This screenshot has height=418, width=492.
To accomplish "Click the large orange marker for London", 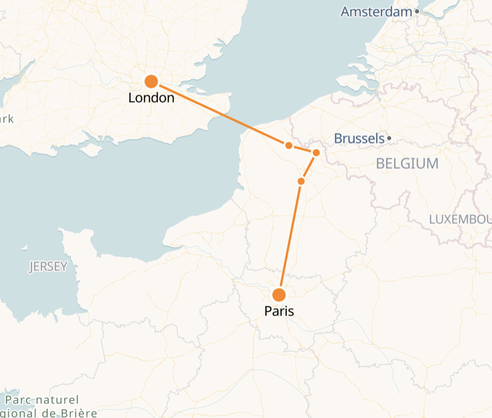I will pyautogui.click(x=151, y=81).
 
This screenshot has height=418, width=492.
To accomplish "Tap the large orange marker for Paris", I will pyautogui.click(x=279, y=295).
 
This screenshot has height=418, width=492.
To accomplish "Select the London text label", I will pyautogui.click(x=151, y=98).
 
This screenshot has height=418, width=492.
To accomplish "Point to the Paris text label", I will pyautogui.click(x=279, y=311).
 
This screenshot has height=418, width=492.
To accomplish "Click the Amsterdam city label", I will pyautogui.click(x=376, y=12).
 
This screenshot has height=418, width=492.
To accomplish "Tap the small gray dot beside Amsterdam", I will pyautogui.click(x=417, y=11).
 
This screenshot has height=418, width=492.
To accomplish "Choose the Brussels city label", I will pyautogui.click(x=359, y=138).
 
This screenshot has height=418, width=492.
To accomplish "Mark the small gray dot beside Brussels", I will pyautogui.click(x=390, y=138).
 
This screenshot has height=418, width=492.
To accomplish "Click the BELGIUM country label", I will pyautogui.click(x=407, y=164).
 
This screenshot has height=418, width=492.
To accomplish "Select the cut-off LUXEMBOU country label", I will pyautogui.click(x=460, y=219).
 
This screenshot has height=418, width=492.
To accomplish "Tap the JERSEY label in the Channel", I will pyautogui.click(x=48, y=266).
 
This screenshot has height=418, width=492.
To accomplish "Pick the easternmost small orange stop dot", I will pyautogui.click(x=316, y=152).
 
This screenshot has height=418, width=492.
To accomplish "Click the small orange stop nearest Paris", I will pyautogui.click(x=301, y=181).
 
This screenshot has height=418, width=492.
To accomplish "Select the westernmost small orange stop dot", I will pyautogui.click(x=289, y=145).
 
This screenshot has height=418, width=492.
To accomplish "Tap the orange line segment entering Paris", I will pyautogui.click(x=290, y=237).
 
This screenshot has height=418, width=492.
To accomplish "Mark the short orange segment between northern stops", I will pyautogui.click(x=303, y=149).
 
